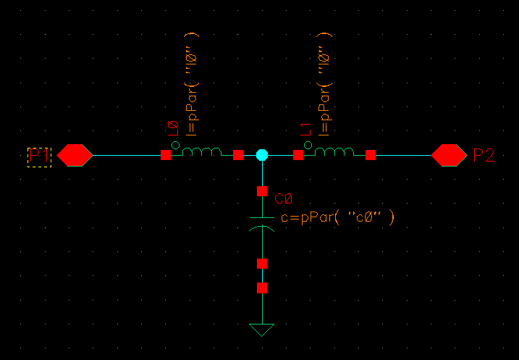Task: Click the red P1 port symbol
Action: point(75,155)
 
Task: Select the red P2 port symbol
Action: point(450,155)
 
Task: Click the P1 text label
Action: point(39,156)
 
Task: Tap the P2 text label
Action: point(484,155)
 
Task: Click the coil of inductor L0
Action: point(201,151)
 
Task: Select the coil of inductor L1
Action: point(334,151)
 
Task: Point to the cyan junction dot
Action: point(262,155)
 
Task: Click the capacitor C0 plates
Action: point(262,222)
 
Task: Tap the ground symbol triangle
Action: point(262,330)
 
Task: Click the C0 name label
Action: point(284,199)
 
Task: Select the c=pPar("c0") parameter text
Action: point(337,217)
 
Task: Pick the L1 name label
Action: point(306,131)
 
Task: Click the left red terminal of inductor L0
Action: point(166,155)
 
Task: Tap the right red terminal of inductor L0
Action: point(238,155)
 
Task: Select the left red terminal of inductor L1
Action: point(298,155)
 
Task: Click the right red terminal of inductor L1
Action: point(371,155)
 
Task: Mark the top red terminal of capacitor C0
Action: point(262,192)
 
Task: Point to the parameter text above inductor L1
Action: point(325,83)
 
